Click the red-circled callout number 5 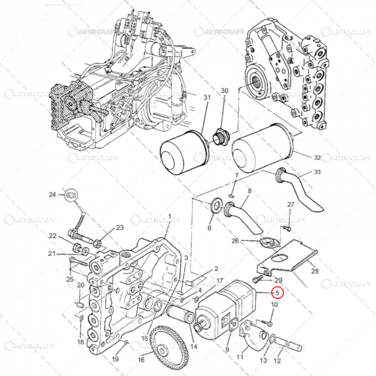277,293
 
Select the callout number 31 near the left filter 207,97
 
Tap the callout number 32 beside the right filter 317,157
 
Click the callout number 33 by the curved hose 317,172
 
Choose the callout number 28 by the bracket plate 314,271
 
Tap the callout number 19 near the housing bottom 115,359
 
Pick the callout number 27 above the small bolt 290,205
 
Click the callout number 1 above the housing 169,216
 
